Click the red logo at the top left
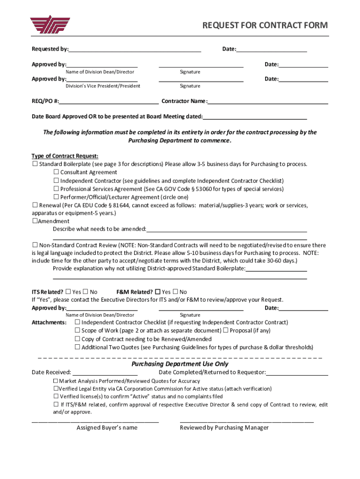pos(50,25)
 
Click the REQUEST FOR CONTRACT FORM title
pos(265,25)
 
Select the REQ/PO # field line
pos(108,101)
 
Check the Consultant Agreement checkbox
pos(56,172)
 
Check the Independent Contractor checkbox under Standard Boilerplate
pos(56,181)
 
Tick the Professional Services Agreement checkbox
pos(56,189)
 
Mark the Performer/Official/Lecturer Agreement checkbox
pos(56,197)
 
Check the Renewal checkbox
pos(35,205)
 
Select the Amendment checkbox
pos(35,221)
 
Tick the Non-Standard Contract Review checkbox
pos(35,245)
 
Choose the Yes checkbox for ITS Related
pos(68,292)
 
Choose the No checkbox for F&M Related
pos(176,292)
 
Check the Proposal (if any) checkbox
pos(225,331)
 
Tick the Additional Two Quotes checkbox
pos(78,347)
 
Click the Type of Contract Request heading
pos(65,156)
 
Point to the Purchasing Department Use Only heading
pos(180,364)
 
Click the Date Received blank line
pos(105,372)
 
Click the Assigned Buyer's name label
pos(107,428)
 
